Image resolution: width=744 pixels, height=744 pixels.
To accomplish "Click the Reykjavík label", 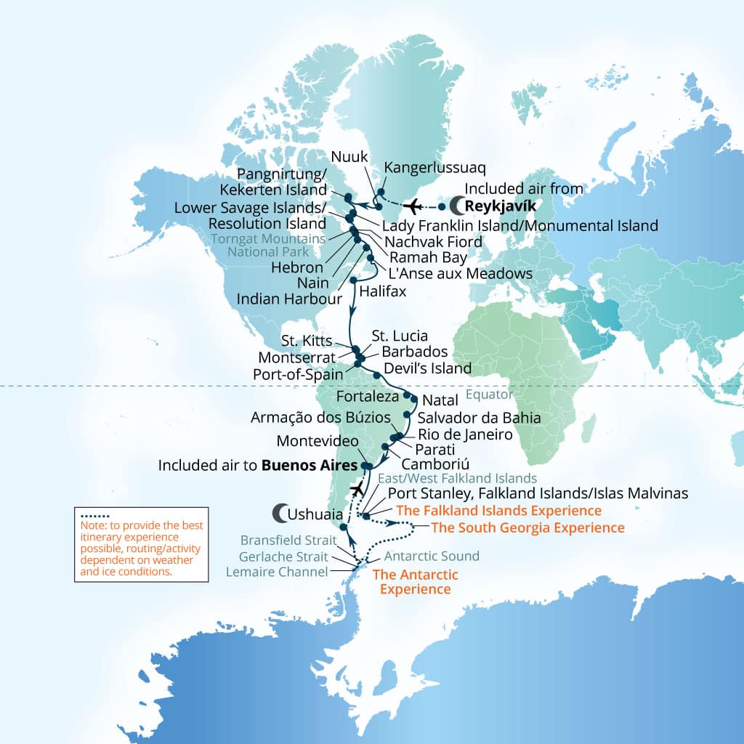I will pyautogui.click(x=501, y=206).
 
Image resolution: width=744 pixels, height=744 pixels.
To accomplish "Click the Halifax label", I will pyautogui.click(x=382, y=291).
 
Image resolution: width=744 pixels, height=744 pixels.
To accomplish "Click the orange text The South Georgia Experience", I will pyautogui.click(x=527, y=527).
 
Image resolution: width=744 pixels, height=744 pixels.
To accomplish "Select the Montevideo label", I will pyautogui.click(x=318, y=441).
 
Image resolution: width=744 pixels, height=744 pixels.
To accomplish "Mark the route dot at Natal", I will pyautogui.click(x=413, y=399).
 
